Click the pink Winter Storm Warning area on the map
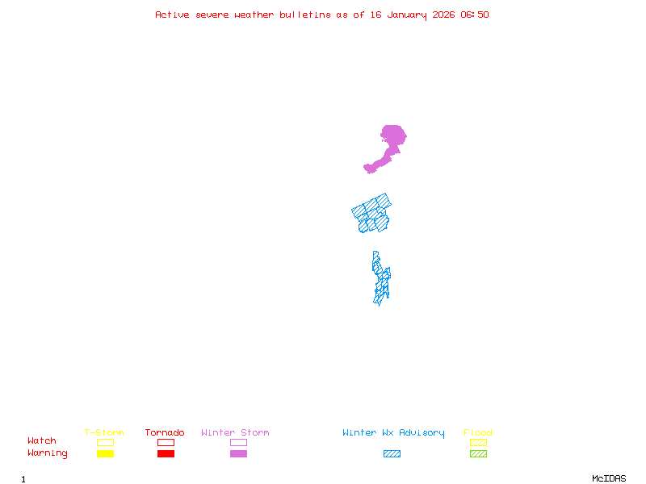click(x=392, y=138)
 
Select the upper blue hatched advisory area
click(x=371, y=214)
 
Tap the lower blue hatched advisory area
click(x=380, y=278)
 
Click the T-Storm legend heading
click(x=104, y=433)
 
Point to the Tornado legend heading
click(x=165, y=433)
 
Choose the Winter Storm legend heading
click(x=235, y=433)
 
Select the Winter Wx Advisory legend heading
click(x=393, y=433)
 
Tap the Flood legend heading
click(x=478, y=433)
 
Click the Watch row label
click(x=42, y=441)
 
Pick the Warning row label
click(x=48, y=453)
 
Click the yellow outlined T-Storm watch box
click(x=105, y=442)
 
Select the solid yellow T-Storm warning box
click(x=105, y=454)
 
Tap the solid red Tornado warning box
click(x=166, y=454)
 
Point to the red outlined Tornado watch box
click(x=166, y=442)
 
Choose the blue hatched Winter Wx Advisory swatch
click(x=392, y=454)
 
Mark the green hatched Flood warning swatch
click(x=478, y=454)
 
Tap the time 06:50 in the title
click(x=475, y=15)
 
